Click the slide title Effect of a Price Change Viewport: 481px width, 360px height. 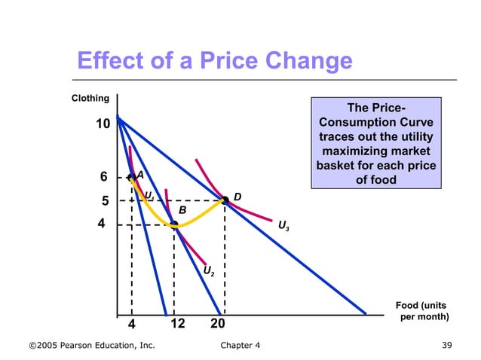[x=215, y=60]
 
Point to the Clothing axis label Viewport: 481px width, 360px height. [x=90, y=99]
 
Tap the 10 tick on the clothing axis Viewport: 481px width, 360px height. [x=103, y=124]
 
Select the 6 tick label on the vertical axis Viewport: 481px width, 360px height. [x=104, y=177]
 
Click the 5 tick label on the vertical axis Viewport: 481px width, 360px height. [x=106, y=202]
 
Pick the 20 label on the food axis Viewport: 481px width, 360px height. [x=219, y=323]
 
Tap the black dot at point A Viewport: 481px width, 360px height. [x=131, y=177]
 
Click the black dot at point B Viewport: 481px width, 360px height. [x=174, y=224]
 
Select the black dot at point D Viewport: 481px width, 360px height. [x=225, y=200]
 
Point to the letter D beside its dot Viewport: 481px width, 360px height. [x=237, y=197]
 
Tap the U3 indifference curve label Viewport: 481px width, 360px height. [x=283, y=224]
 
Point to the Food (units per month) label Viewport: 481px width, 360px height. [x=422, y=310]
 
